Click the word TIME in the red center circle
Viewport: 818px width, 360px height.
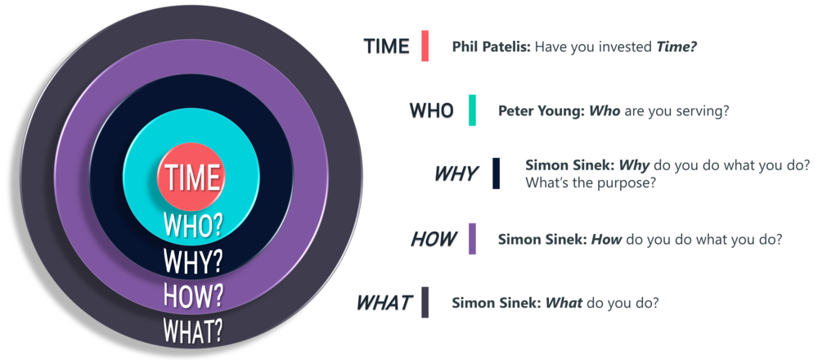191,177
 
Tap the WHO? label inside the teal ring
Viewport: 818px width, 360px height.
193,225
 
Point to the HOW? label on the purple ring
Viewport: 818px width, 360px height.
193,295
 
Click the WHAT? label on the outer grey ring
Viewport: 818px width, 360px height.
193,329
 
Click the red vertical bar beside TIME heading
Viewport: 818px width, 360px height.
425,46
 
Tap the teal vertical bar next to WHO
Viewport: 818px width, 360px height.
472,110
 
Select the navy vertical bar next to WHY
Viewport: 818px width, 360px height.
496,173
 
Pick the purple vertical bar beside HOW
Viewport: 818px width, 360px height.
472,239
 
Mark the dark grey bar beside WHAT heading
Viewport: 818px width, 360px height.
425,302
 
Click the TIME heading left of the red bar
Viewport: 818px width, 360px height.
387,47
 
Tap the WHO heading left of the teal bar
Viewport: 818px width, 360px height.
431,110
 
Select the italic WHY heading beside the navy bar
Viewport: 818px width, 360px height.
456,173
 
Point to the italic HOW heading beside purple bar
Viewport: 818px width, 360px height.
434,239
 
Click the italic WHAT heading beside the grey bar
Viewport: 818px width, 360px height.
385,303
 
